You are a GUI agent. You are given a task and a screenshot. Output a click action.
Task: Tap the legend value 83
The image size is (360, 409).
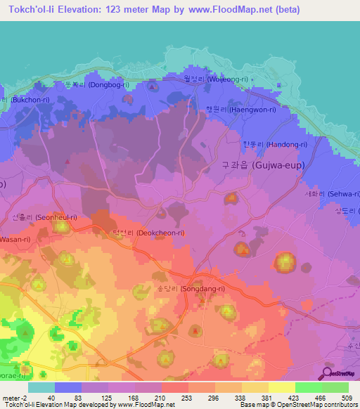(x=69, y=398)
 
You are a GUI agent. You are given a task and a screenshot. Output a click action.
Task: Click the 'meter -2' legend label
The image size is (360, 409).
(x=14, y=398)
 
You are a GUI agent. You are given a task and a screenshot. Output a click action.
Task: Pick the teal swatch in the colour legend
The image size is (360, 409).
(x=41, y=387)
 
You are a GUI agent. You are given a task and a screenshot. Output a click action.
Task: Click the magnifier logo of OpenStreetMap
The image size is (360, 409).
(x=326, y=374)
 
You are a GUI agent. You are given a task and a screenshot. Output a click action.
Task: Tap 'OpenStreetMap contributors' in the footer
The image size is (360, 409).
(x=321, y=405)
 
